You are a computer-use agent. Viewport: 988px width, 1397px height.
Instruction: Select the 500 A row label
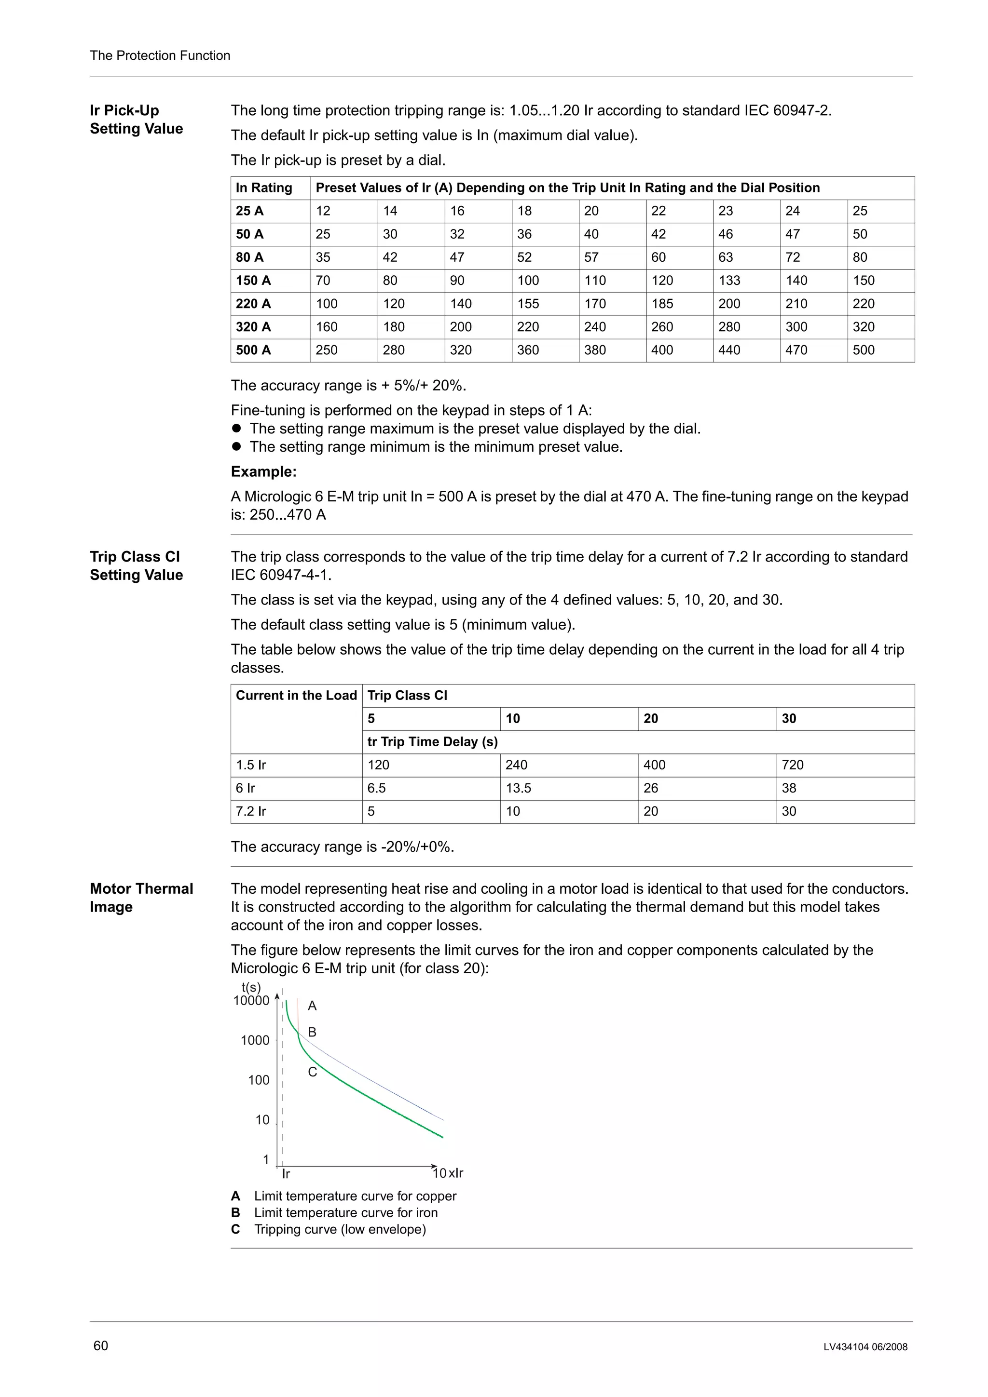pos(253,350)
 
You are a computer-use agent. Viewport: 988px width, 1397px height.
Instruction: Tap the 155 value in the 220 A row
pos(528,304)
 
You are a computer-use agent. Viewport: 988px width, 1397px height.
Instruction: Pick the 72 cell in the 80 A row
pos(792,257)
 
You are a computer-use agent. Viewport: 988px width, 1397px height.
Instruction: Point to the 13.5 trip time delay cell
pos(518,788)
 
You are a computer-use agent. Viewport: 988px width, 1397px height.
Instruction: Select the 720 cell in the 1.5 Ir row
pos(792,765)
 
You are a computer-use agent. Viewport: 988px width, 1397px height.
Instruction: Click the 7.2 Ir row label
pos(251,811)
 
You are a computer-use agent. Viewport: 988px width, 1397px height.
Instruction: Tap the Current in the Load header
pos(296,696)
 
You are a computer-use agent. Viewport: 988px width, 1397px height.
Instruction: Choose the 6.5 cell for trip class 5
pos(376,788)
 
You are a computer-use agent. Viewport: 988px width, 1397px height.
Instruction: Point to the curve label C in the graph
pos(312,1072)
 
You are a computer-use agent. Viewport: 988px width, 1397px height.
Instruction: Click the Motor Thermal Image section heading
pos(141,898)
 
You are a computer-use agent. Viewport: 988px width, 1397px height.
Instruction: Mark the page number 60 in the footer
pos(100,1345)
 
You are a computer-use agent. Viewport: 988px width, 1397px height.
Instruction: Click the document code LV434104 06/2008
pos(865,1346)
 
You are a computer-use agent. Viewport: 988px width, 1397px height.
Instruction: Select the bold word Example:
pos(263,471)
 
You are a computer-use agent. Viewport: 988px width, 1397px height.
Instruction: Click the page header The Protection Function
pos(160,55)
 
